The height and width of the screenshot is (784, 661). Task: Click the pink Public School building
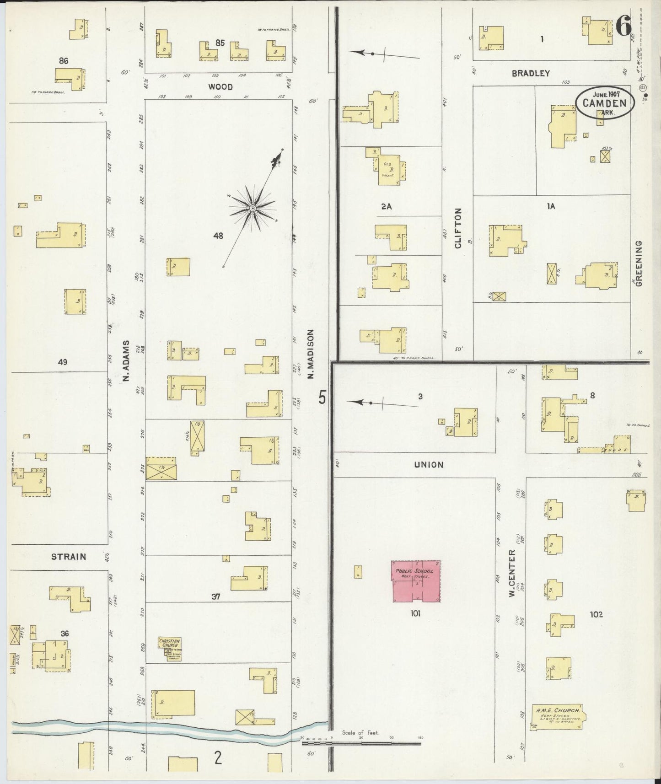click(416, 580)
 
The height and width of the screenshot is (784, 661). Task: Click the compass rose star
click(252, 208)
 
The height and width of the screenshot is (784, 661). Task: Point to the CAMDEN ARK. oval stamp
click(604, 103)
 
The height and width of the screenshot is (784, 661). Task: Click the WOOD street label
click(220, 87)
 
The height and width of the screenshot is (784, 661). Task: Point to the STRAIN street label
click(69, 557)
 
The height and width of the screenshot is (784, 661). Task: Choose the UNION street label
click(429, 465)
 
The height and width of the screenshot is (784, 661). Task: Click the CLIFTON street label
click(458, 228)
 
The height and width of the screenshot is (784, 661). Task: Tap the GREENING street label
click(639, 263)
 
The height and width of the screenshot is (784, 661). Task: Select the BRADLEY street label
click(531, 73)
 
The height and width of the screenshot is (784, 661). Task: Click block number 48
click(218, 236)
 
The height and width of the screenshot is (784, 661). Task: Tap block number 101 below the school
click(415, 614)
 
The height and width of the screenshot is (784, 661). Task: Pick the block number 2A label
click(387, 206)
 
